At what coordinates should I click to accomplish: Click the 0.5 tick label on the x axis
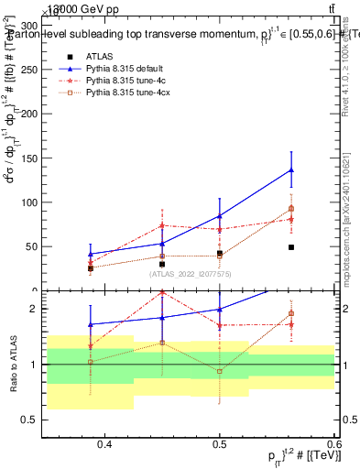click(x=220, y=445)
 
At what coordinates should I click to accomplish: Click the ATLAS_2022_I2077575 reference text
click(x=191, y=273)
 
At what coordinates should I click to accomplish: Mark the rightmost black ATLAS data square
click(x=291, y=247)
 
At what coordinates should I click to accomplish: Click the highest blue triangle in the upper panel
click(x=291, y=169)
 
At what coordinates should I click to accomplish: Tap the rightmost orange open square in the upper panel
click(x=291, y=209)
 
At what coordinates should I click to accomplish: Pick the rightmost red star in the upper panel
click(x=291, y=219)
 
